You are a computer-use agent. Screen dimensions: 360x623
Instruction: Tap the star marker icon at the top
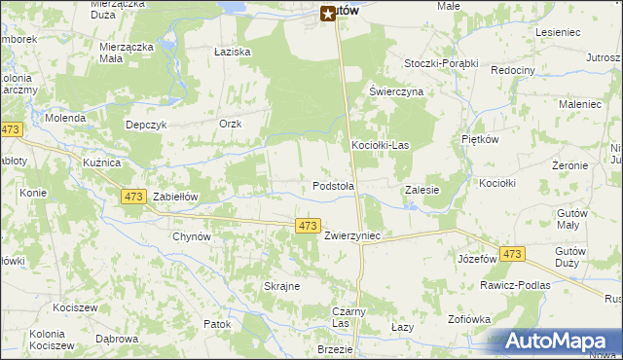point(328,14)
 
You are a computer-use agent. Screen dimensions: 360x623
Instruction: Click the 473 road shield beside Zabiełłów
point(134,197)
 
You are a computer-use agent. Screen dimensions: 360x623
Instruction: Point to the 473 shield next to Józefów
point(512,254)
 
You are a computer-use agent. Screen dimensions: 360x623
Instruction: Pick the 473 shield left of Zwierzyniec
point(308,226)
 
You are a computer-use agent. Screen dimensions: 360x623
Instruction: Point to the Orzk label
point(230,124)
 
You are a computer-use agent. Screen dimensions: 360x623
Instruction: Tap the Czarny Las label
point(340,317)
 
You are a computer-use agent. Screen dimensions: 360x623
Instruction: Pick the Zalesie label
point(421,191)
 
